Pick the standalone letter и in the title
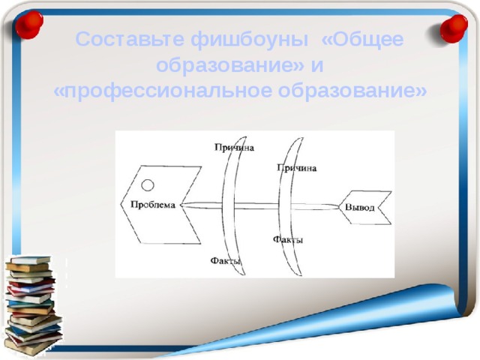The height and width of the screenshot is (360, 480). pos(318,66)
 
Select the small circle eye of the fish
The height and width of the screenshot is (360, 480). pos(148,184)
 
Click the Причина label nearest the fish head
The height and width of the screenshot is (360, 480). pos(233,148)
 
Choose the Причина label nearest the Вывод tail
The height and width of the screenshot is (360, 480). pos(297,167)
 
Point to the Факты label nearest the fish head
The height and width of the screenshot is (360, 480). pos(226,260)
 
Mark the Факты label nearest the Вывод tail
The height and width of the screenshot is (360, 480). pos(289,239)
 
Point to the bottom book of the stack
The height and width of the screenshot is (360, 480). pos(31,347)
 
